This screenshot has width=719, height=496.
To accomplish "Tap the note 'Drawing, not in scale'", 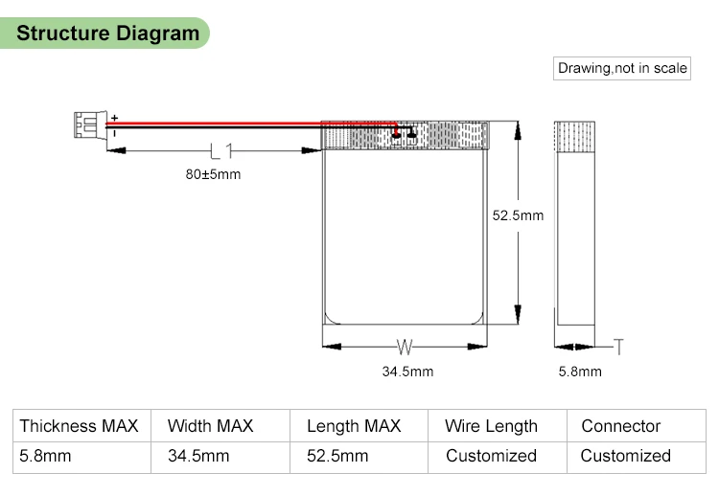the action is [622, 68].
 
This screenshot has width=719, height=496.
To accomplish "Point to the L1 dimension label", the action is [217, 150].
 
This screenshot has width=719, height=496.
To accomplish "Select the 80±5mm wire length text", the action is [213, 175].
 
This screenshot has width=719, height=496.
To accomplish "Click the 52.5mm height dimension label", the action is [518, 215].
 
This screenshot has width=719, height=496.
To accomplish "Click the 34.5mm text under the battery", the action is [407, 372].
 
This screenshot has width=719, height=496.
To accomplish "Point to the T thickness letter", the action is [618, 346].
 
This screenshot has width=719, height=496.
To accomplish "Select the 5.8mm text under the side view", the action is [580, 372].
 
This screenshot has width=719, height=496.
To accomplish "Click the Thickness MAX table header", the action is [79, 426].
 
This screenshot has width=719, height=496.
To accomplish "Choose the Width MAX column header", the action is [210, 426].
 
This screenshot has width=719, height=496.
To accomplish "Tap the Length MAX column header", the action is [354, 426].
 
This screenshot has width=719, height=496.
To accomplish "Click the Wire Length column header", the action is [491, 426].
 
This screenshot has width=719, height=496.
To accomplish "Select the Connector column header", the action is [621, 426].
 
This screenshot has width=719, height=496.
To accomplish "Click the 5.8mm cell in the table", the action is [45, 456].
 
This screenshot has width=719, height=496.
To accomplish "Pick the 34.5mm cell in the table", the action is [198, 456].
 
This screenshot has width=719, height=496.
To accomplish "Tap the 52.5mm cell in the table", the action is [337, 456].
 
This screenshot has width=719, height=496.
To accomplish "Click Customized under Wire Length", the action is [491, 456].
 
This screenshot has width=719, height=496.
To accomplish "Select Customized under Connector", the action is [626, 456].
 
